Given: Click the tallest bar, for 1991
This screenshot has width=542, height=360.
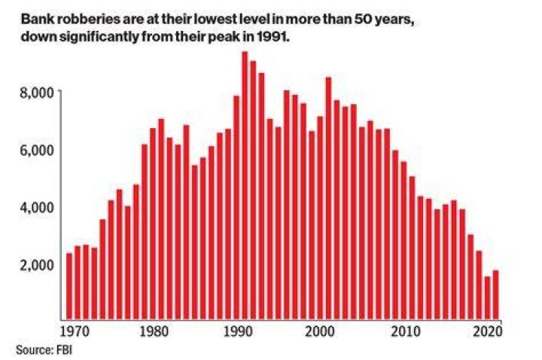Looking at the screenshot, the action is pos(245,185).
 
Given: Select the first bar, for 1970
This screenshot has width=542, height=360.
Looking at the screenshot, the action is pos(69,286).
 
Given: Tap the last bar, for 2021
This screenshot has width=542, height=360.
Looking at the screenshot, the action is pos(495,295).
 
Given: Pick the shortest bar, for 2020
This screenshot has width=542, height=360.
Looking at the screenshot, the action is pos(487,298).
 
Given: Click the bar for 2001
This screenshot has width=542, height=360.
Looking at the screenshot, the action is pos(328,199).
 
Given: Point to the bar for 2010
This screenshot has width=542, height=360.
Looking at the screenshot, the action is pos(403,241).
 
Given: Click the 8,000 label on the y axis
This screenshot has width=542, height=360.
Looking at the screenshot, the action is pos(37,93).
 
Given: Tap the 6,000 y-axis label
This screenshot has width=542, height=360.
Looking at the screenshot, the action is pos(37,151).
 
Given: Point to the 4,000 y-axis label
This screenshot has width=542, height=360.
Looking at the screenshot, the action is pos(37,208).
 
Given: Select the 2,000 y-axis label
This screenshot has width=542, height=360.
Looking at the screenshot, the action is pos(37,265).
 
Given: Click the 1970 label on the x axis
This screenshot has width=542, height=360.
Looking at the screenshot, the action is pos(75,331).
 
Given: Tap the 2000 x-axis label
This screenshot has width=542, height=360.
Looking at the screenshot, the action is pos(321,331).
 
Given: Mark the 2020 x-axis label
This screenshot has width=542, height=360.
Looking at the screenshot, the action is pos(487,331).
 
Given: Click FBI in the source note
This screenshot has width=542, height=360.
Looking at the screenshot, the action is pos(64,349).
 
